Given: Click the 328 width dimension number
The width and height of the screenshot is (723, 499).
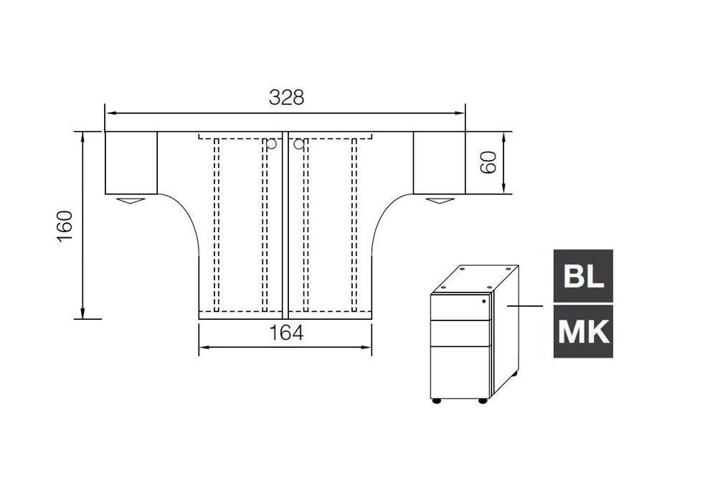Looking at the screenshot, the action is point(286,98).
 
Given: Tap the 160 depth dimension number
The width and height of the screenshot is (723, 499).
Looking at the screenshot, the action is point(65,225).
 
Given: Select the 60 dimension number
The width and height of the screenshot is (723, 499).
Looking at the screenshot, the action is point(488,162).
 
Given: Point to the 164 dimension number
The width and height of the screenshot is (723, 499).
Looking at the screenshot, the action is point(286,333).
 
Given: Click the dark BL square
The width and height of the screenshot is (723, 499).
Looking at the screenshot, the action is point(583,276).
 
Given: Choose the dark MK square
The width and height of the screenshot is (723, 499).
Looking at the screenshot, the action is point(583,331).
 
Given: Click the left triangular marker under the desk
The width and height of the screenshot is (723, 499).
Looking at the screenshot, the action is point(131,201).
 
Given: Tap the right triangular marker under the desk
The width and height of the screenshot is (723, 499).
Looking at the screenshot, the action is point(440,201).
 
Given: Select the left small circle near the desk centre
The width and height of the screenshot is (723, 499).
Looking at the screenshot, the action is point(271,144).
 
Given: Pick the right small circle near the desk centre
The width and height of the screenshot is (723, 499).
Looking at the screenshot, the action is point(299,144).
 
